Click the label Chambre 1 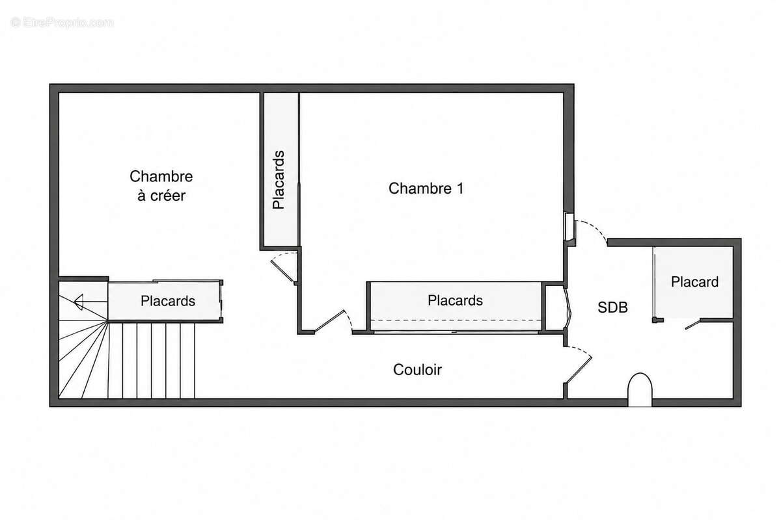coord(426,188)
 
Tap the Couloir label coord(417,370)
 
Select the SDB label coord(612,307)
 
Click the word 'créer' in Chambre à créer coord(168,196)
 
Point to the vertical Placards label coord(279,179)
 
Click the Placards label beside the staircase coord(168,301)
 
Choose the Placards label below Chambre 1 coord(455,300)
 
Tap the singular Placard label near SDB coord(694,281)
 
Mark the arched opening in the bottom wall coord(640,389)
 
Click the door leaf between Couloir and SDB coord(579,370)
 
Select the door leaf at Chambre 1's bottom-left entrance coord(329,321)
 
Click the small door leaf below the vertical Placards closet coord(282,271)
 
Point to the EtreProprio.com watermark coord(62,23)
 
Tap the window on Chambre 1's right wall coord(569,227)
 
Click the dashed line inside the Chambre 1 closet coord(456,320)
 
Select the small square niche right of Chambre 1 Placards coord(555,308)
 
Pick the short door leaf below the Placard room coord(692,324)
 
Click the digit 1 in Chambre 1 coord(460,188)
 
